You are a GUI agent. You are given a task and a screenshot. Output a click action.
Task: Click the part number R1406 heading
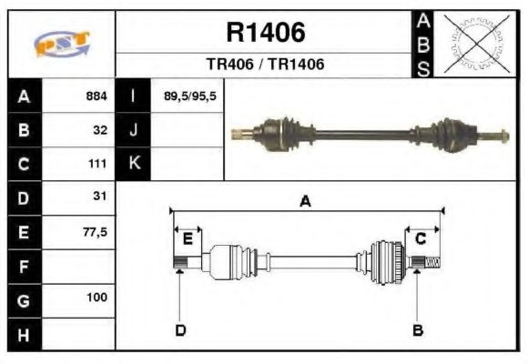click(265, 33)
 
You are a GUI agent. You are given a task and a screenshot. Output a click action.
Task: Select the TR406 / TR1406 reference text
click(265, 65)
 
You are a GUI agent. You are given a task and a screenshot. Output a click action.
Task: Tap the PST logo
click(61, 44)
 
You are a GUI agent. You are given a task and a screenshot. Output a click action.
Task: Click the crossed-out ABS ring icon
click(473, 43)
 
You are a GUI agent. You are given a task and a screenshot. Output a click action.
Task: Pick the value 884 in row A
click(96, 96)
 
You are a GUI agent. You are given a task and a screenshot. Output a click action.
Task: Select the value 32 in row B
click(100, 130)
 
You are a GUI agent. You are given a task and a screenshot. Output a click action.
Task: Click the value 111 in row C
click(97, 164)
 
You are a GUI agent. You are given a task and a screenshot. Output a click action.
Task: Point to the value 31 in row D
click(100, 197)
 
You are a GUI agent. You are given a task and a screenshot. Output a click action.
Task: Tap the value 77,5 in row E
click(95, 231)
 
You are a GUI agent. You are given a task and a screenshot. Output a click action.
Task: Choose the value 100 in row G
click(97, 298)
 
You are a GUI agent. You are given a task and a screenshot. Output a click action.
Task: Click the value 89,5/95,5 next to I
click(189, 96)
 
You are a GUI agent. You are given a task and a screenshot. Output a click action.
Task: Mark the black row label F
click(24, 268)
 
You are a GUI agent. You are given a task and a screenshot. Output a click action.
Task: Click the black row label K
click(133, 164)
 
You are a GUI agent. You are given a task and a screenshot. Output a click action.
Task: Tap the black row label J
click(133, 130)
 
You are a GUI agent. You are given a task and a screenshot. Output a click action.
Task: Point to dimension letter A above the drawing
click(306, 202)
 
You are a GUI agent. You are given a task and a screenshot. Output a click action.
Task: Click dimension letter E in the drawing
click(188, 238)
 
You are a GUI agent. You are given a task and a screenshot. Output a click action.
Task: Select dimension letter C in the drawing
click(421, 238)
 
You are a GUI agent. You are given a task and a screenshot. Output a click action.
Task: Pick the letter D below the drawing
click(180, 329)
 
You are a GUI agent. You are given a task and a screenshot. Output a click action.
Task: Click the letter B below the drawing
click(418, 329)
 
